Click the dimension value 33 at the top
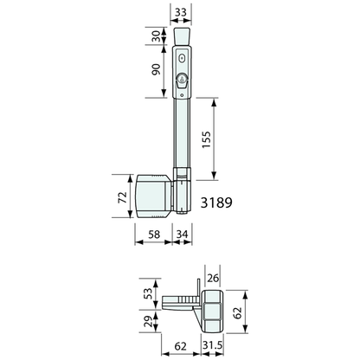click(x=181, y=12)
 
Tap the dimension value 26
click(x=213, y=279)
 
